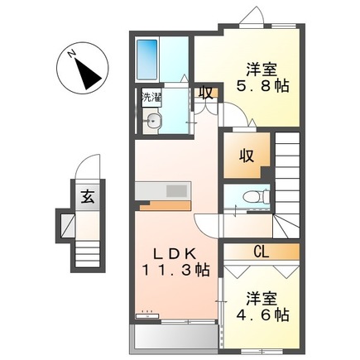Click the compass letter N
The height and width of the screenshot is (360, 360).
72,55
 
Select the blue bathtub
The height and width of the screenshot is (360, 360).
148,59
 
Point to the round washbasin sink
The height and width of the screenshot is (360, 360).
154,122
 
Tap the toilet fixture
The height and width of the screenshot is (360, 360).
249,196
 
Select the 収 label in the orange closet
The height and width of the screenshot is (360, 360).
247,155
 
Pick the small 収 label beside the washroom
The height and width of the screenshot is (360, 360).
205,93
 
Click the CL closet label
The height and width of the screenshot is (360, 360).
260,251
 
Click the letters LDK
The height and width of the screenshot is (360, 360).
173,252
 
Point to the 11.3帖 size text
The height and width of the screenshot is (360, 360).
172,270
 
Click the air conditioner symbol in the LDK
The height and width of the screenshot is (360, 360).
149,314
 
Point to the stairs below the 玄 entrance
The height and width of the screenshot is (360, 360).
85,247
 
